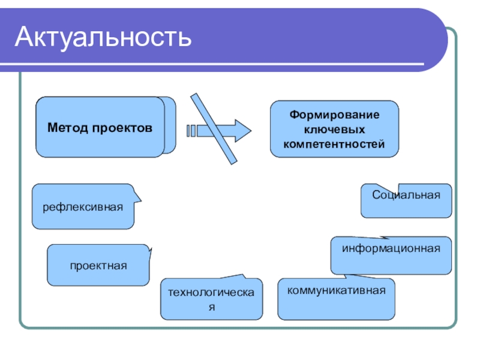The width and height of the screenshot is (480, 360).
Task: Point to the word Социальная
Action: [x=406, y=195]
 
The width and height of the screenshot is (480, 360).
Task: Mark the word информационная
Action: [x=391, y=248]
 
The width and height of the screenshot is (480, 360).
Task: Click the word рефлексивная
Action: [x=83, y=207]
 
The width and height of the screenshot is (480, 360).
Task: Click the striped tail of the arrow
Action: [x=191, y=130]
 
